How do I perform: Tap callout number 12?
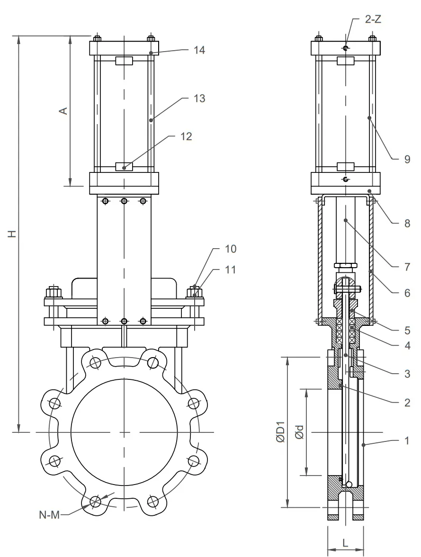[186, 136]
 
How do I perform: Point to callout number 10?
[230, 249]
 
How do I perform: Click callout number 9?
[407, 160]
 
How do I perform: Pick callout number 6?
[407, 293]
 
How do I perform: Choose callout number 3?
[407, 374]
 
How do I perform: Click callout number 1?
[407, 440]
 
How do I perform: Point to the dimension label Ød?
[299, 433]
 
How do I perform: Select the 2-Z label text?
[373, 19]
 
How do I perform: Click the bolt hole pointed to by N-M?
[96, 501]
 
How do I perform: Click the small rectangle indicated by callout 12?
[124, 167]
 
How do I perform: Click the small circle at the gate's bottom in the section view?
[349, 484]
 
